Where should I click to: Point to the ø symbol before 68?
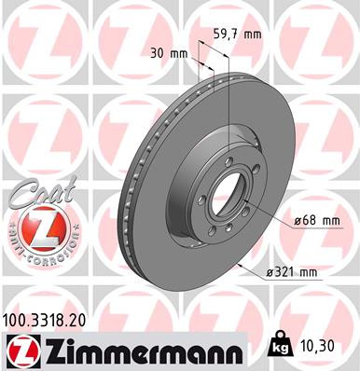coord(297,220)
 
